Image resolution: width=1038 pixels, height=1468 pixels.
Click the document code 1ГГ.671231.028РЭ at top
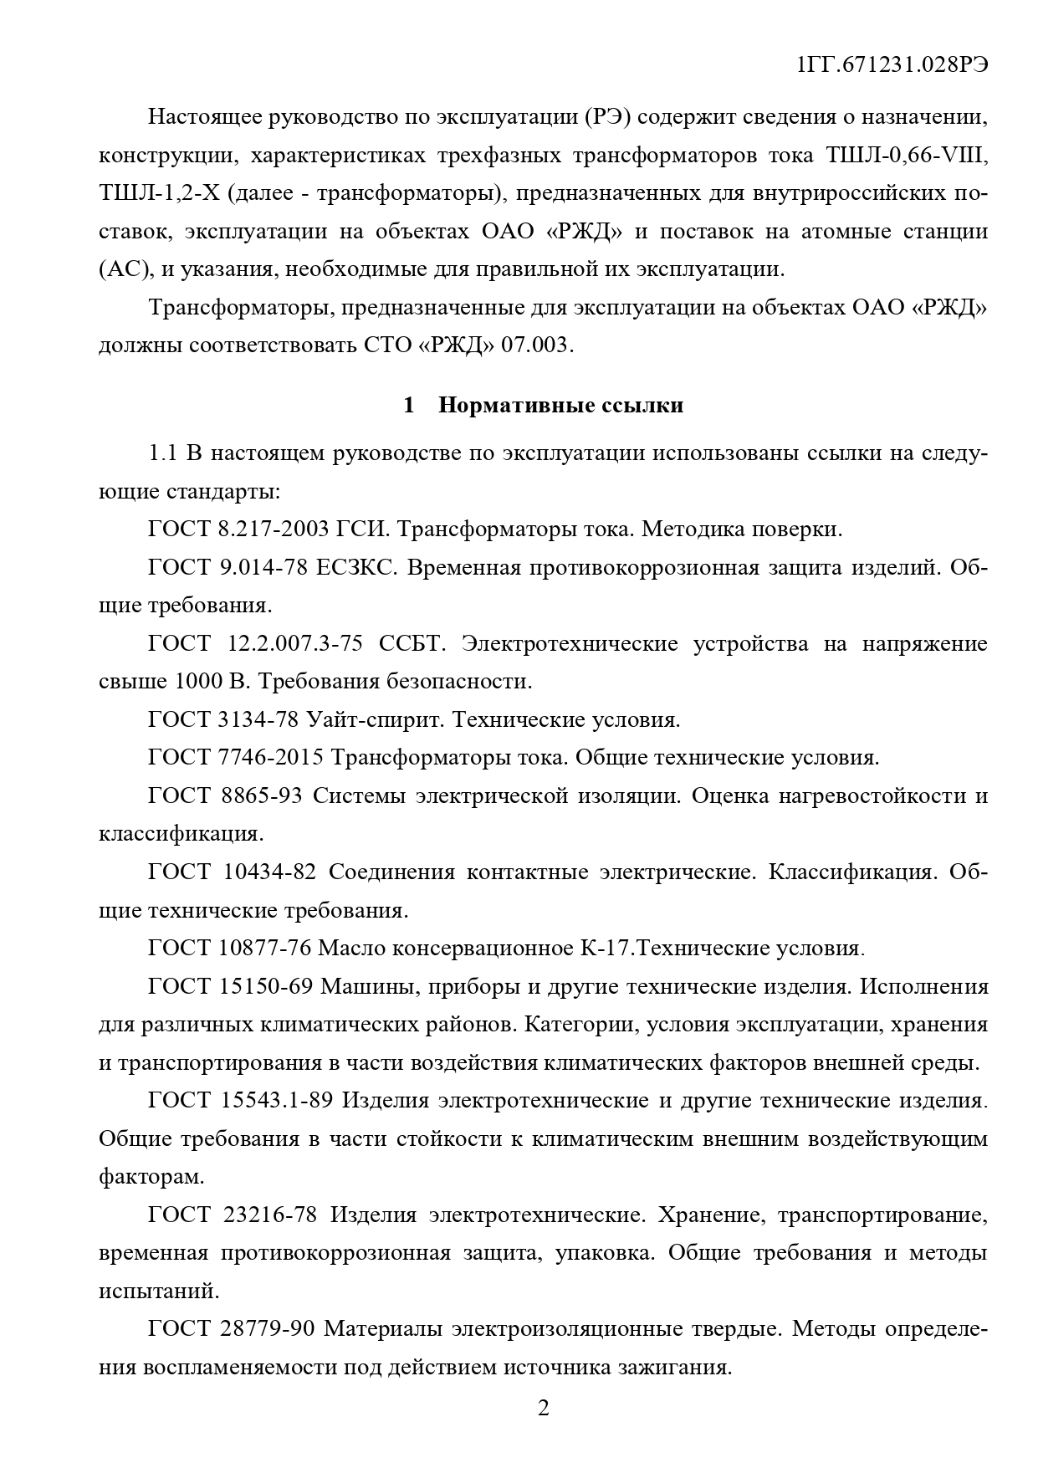tap(892, 66)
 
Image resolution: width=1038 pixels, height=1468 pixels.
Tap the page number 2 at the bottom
tap(543, 1409)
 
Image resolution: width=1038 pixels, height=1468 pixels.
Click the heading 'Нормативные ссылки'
tap(560, 406)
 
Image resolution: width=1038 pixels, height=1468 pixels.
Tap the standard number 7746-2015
tap(269, 758)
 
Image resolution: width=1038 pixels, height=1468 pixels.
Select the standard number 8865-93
tap(260, 795)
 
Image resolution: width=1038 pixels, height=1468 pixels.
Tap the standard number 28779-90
tap(265, 1329)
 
